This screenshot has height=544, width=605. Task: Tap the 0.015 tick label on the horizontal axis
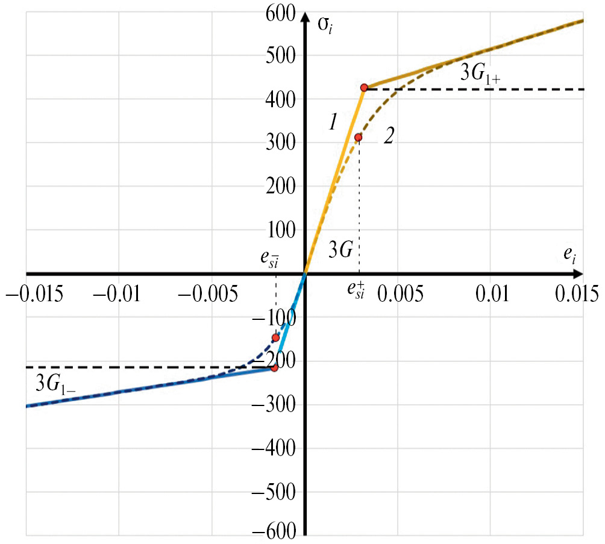pos(578,294)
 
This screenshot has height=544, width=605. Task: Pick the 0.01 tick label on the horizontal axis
pos(492,294)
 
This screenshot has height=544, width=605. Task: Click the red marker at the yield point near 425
pos(364,87)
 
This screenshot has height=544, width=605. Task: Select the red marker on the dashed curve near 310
pos(358,137)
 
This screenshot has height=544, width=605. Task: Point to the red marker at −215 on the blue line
pos(274,367)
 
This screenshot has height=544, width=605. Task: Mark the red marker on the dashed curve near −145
pos(275,337)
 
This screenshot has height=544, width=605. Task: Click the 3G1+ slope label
pos(481,74)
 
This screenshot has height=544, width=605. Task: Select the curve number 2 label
pos(389,136)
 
